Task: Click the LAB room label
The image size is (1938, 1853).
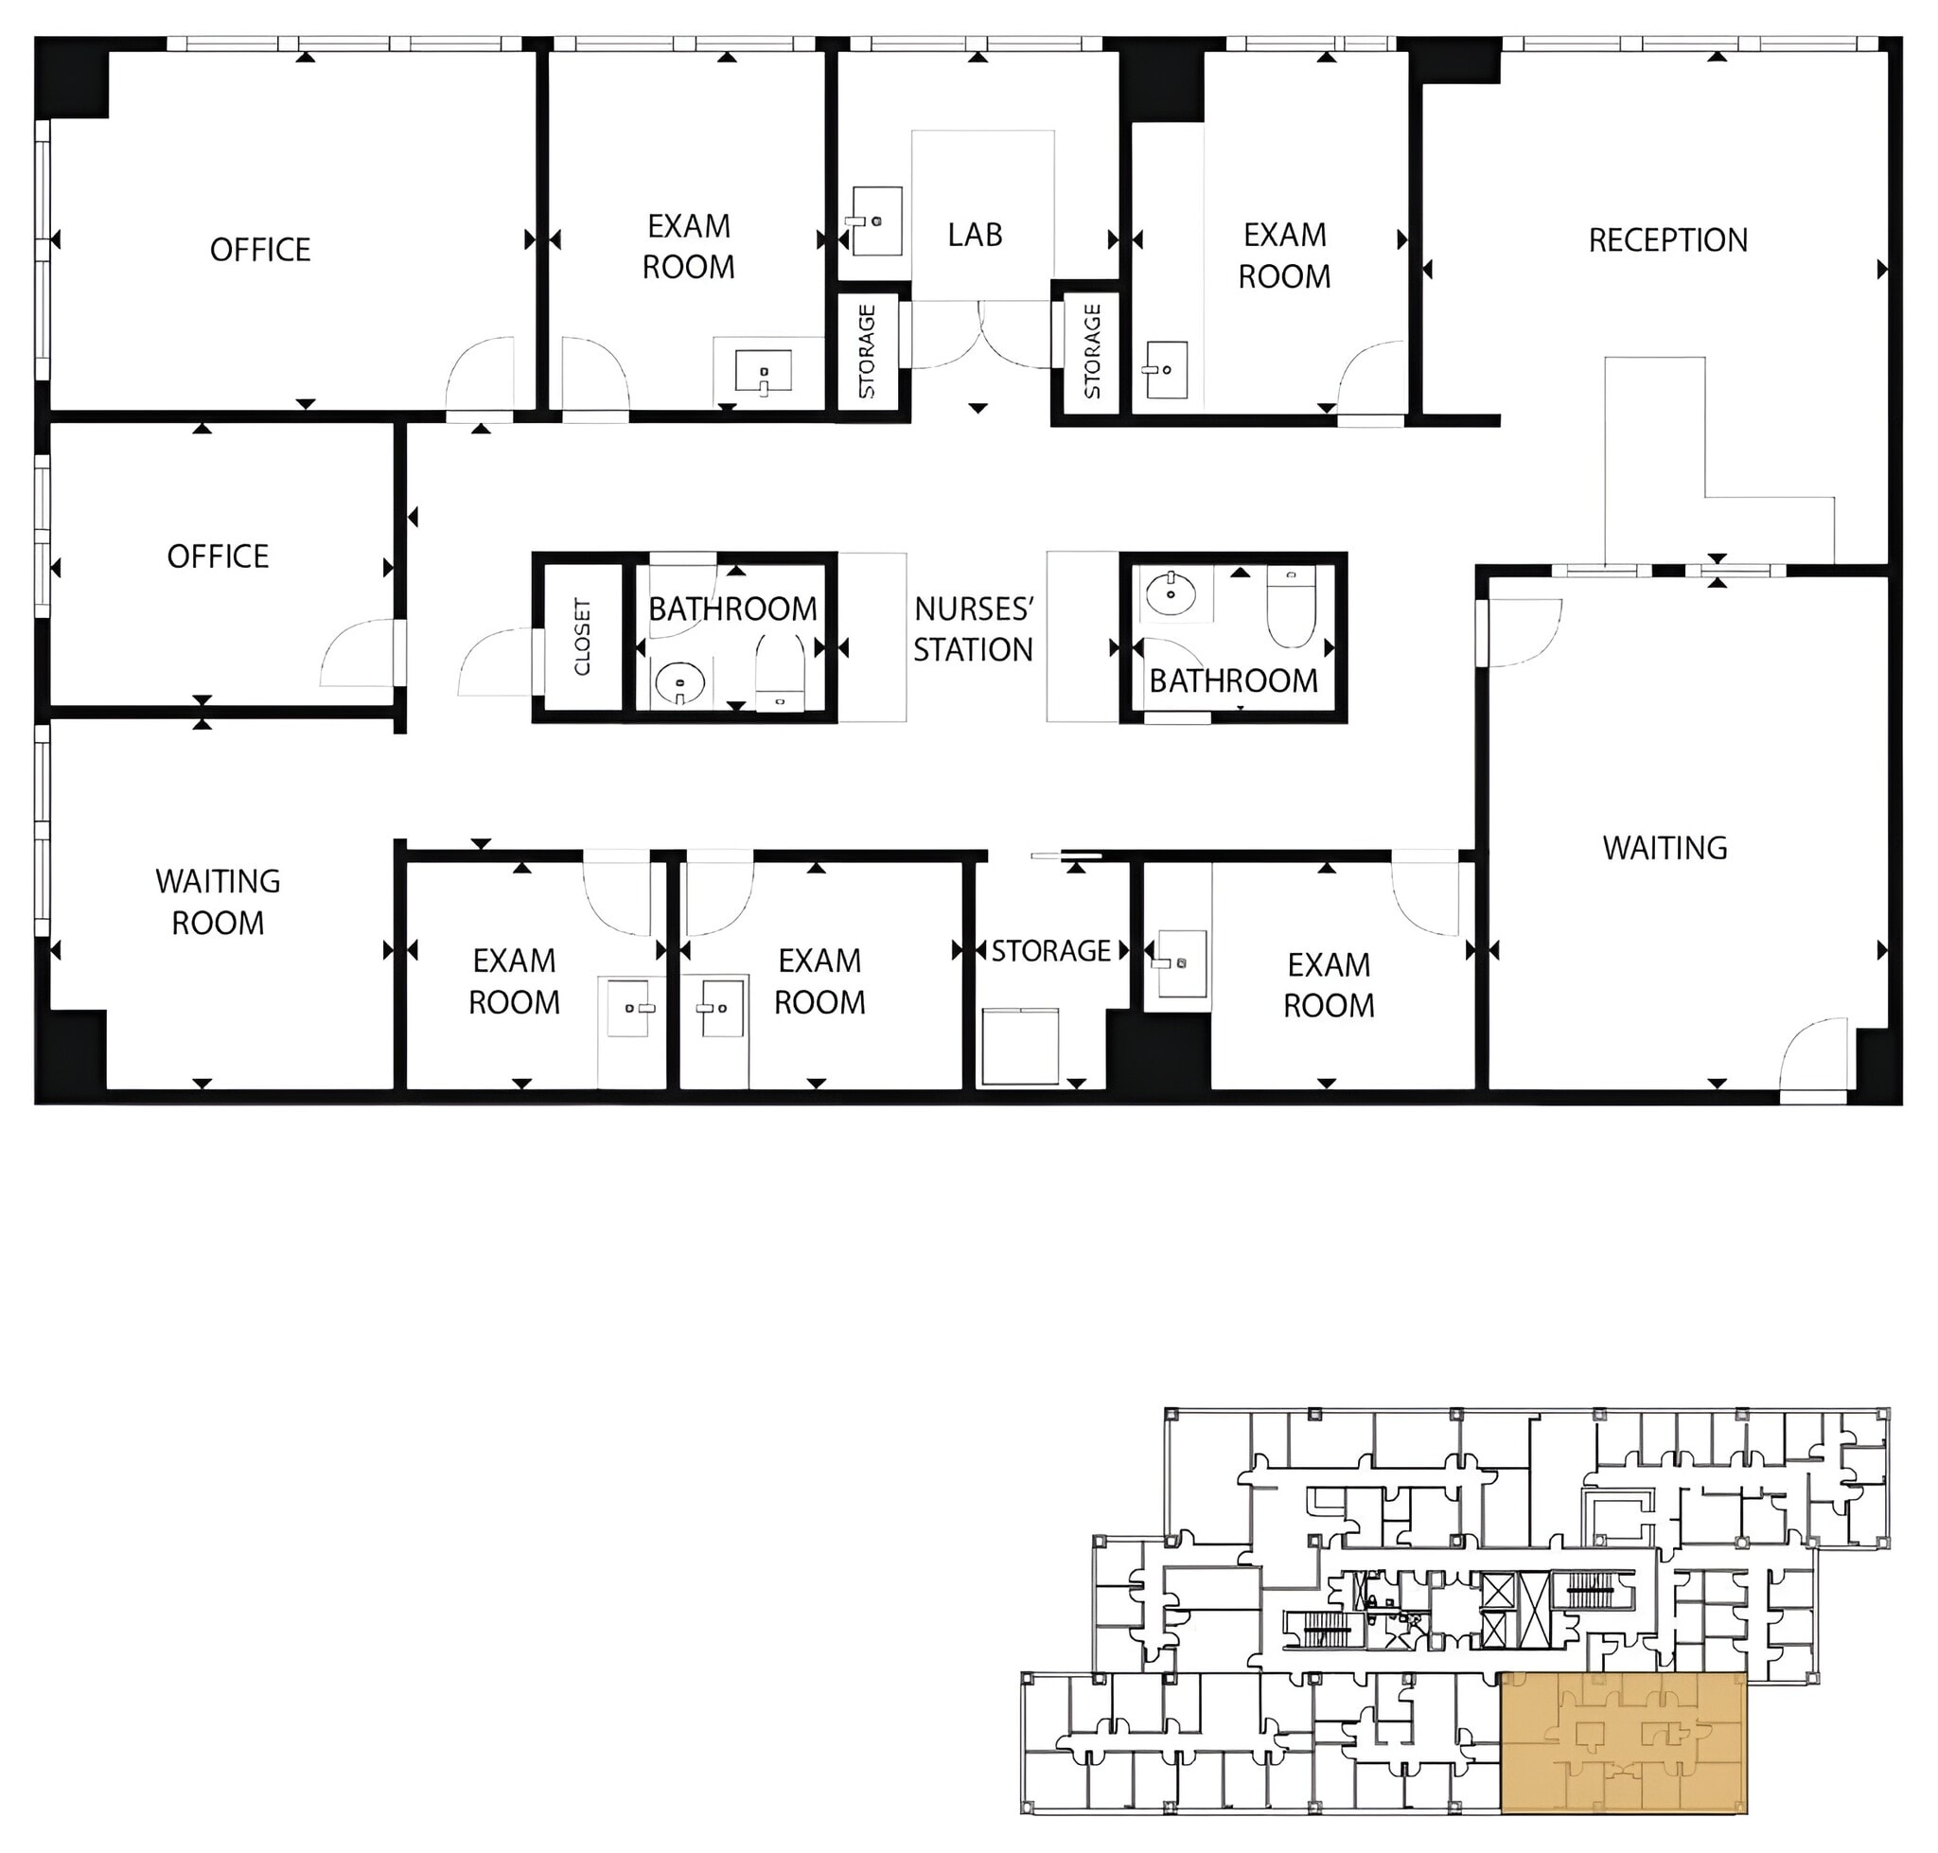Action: pos(974,235)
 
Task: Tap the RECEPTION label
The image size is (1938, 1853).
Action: pos(1666,240)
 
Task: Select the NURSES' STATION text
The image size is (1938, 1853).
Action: pos(972,629)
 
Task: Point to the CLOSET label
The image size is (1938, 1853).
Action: pos(582,637)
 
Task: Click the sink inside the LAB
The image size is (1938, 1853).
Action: pos(875,221)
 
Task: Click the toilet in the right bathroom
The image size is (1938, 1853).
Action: pos(1291,609)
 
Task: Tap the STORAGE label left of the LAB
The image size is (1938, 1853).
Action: pos(867,351)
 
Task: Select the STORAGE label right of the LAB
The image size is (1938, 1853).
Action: pos(1091,351)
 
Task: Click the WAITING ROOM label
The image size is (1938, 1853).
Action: pos(218,901)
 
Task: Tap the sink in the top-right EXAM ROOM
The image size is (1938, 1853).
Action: pos(1166,369)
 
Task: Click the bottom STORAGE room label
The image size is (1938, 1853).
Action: pos(1051,950)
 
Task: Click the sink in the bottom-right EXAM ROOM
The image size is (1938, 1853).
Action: pos(1181,962)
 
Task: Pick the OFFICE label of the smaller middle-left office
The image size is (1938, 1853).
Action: pos(218,556)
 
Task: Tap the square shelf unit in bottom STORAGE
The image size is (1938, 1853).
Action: pos(1020,1046)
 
